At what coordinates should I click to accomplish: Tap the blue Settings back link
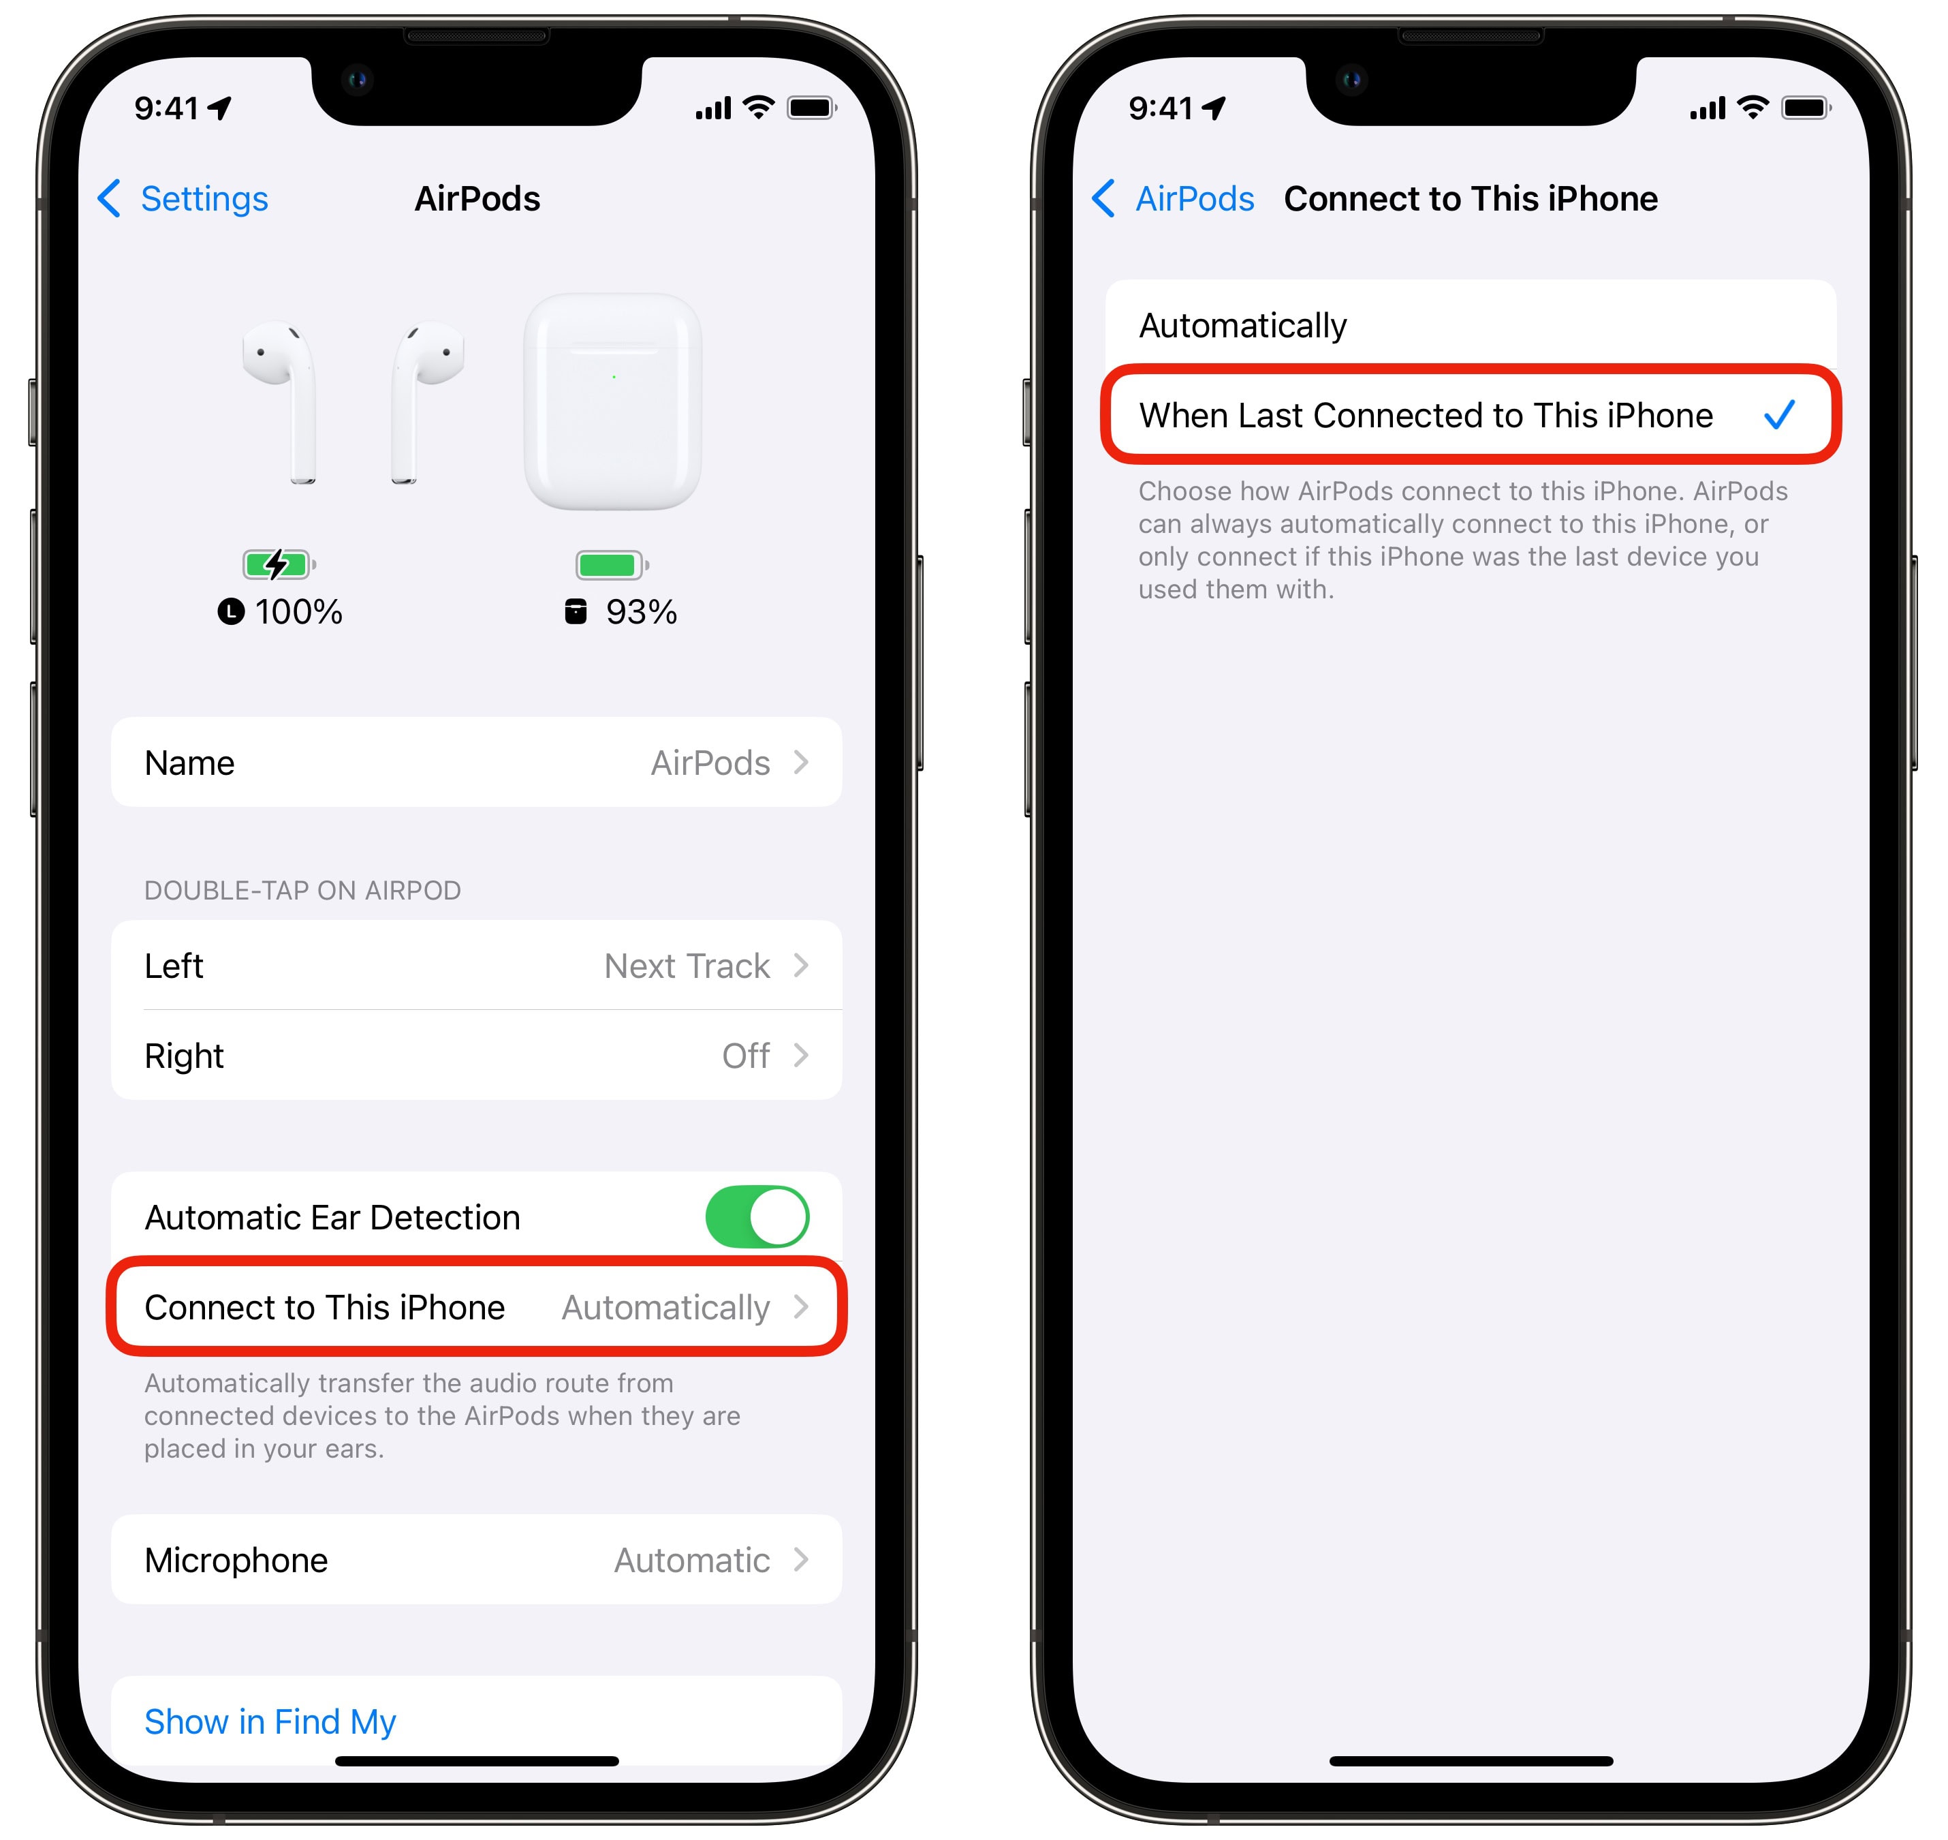pos(183,199)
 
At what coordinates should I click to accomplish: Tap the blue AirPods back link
pos(1172,199)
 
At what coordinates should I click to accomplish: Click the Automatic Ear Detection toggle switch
pos(757,1217)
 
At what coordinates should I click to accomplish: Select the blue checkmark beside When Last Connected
pos(1779,415)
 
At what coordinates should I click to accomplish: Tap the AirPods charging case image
pos(613,401)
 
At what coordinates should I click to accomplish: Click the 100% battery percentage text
pos(298,612)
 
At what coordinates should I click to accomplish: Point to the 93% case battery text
pos(641,612)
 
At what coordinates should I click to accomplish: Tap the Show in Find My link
pos(270,1721)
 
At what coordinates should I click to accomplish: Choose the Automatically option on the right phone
pos(1242,326)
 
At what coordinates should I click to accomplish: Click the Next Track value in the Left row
pos(687,966)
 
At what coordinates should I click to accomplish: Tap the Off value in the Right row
pos(745,1056)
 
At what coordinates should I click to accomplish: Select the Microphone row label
pos(236,1561)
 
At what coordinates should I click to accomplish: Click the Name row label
pos(189,763)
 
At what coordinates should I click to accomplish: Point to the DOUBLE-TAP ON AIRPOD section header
pos(302,891)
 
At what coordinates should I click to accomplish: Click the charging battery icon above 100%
pos(279,564)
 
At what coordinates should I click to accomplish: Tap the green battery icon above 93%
pos(612,565)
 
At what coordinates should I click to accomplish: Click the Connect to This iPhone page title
pos(1471,199)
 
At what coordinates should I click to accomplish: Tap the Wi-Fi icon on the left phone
pos(759,107)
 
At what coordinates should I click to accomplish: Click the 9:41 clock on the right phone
pos(1161,108)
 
